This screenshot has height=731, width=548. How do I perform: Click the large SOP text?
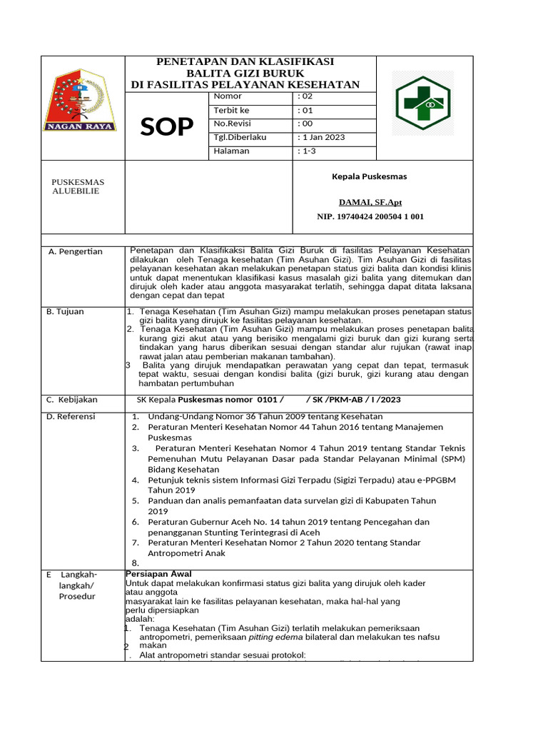tap(166, 126)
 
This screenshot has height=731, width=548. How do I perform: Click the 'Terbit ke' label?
tap(231, 110)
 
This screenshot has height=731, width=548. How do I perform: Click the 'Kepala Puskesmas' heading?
tap(369, 176)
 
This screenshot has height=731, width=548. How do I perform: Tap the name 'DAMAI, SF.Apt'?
tap(370, 202)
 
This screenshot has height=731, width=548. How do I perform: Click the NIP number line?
tap(370, 216)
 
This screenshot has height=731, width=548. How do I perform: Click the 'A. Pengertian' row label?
tap(75, 251)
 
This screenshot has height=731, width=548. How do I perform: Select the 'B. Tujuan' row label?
tap(65, 311)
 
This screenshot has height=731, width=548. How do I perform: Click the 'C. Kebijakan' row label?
tap(71, 400)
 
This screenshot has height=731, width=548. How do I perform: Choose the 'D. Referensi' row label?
tap(71, 416)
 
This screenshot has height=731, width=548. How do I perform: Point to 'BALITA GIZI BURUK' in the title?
tap(245, 74)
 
